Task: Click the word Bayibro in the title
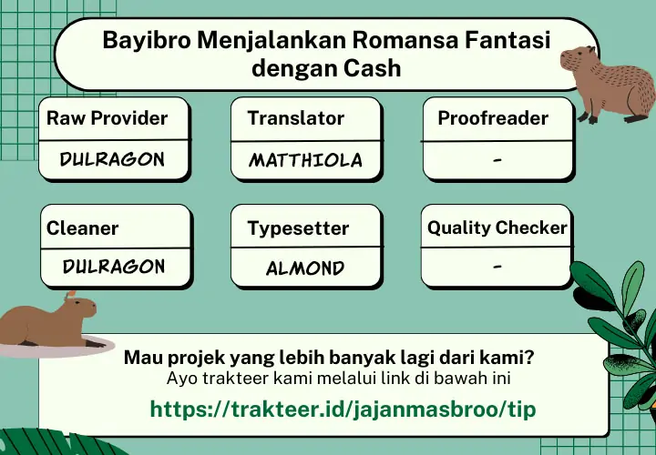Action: pos(147,41)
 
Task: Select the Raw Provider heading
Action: pos(108,118)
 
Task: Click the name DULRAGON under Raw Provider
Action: pos(112,159)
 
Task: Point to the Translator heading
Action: pos(296,118)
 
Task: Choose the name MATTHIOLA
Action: pos(305,160)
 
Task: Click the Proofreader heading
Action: pos(493,118)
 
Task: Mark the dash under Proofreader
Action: pos(497,159)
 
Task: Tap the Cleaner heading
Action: pos(82,228)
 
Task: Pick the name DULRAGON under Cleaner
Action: pos(114,267)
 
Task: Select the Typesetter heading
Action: pos(298,228)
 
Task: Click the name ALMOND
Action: pos(305,268)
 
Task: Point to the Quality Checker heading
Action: pos(497,228)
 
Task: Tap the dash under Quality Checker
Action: pos(497,266)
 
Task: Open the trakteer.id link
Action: pos(343,409)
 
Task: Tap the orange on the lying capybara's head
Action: pos(71,294)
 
